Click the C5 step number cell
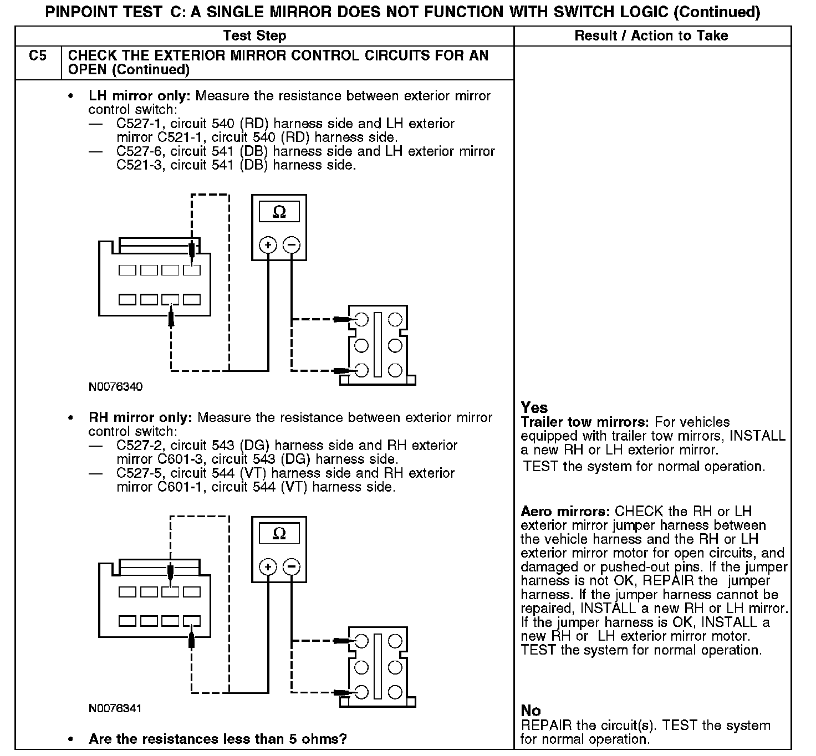tap(38, 56)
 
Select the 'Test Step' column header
tap(254, 36)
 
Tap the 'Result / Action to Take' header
tap(651, 36)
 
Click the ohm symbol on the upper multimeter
tap(279, 212)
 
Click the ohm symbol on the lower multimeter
tap(279, 534)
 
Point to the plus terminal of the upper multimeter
tap(268, 245)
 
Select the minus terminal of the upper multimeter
tap(292, 245)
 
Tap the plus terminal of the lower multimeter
tap(268, 566)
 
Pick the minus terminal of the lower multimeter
tap(292, 566)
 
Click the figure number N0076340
tap(115, 387)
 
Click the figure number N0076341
tap(115, 708)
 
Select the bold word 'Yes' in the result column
tap(534, 408)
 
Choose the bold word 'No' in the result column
tap(531, 711)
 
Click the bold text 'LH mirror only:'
tap(140, 96)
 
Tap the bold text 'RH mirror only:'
tap(140, 417)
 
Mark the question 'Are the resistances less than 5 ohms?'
tap(217, 739)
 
